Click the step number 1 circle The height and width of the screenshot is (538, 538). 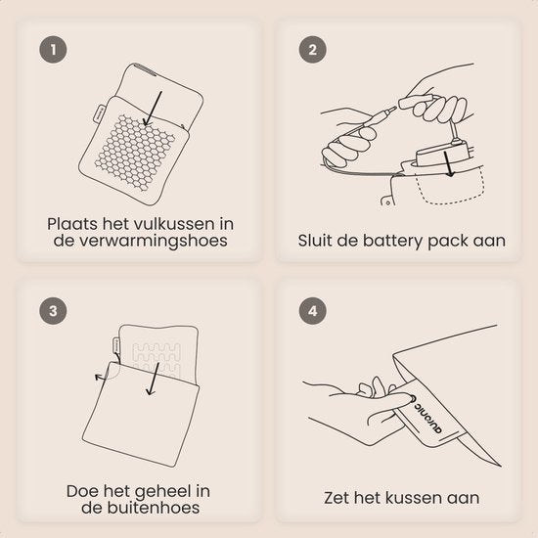point(53,50)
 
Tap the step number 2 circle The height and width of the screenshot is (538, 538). point(312,50)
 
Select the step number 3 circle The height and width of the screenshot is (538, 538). point(53,311)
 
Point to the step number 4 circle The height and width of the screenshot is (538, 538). point(312,311)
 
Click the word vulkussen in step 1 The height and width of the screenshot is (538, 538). point(173,224)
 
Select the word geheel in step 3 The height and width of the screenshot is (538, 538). point(159,491)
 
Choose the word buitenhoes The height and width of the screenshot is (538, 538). point(153,508)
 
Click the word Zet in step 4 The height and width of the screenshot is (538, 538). point(336,498)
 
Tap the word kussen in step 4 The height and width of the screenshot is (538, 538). point(420,498)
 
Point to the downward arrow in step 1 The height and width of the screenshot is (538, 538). point(153,109)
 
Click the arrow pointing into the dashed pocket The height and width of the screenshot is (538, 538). point(448,164)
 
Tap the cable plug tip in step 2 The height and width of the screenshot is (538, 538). point(390,111)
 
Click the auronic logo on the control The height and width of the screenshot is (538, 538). point(427,414)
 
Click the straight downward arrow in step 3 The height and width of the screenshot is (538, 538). point(153,380)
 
